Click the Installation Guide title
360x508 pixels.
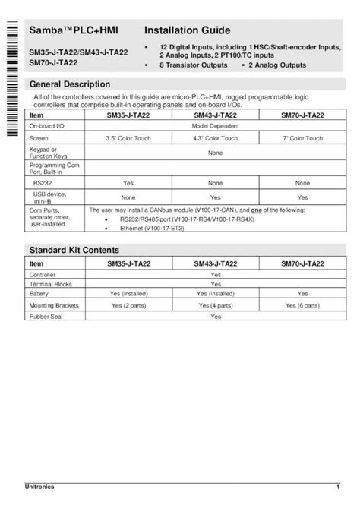tap(188, 31)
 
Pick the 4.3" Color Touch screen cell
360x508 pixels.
tap(215, 139)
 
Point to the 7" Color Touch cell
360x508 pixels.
tap(302, 139)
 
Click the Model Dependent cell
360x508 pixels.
tap(215, 125)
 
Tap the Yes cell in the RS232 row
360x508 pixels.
tap(128, 183)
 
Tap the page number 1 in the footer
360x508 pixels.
tap(337, 486)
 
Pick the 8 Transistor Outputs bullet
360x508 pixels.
tap(193, 66)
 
